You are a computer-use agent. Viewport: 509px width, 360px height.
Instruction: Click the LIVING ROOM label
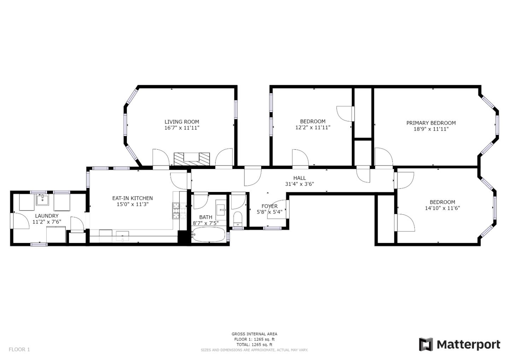point(182,122)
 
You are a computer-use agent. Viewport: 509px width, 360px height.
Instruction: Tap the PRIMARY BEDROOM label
point(431,123)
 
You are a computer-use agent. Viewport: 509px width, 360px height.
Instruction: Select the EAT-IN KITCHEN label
point(133,198)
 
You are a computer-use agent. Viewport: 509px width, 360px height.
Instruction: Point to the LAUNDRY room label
point(47,216)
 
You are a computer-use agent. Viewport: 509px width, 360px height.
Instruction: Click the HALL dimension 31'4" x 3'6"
point(299,184)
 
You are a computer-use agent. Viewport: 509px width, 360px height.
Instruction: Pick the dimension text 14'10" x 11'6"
point(442,208)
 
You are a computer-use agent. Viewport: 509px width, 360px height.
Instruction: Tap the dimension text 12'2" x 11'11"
point(313,127)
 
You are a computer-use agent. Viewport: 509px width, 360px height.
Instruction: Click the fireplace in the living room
point(192,159)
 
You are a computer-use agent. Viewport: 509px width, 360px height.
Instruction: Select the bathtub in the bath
point(209,234)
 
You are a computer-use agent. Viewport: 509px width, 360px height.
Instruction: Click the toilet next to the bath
point(238,219)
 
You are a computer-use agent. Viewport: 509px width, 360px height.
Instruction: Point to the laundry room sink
point(42,199)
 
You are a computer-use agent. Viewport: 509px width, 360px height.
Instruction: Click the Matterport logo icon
point(426,344)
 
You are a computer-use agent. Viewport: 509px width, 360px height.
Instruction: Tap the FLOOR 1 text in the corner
point(19,349)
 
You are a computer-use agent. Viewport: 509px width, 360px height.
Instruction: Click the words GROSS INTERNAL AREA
point(254,334)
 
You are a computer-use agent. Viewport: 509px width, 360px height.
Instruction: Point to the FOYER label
point(269,206)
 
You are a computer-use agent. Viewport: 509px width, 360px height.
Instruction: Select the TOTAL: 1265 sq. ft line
point(254,344)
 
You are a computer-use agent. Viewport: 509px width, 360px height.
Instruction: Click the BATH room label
point(206,217)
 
